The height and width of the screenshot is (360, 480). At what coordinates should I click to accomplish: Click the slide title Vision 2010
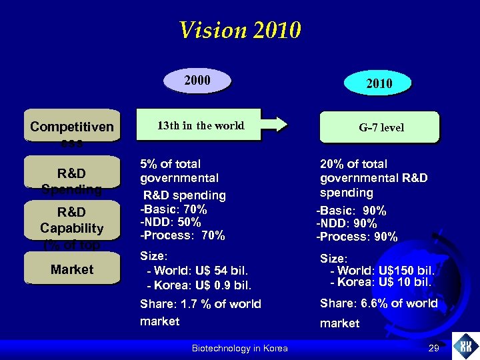coord(240,30)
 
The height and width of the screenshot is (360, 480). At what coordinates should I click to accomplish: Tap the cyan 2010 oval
coord(378,83)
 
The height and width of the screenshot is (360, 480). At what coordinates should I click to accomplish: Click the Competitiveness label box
coord(71,125)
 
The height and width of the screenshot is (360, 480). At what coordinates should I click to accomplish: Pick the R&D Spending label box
coord(71,175)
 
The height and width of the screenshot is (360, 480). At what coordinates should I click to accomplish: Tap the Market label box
coord(71,269)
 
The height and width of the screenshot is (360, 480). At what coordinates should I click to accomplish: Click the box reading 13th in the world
coord(200,125)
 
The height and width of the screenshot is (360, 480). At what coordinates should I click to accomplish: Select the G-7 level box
coord(381,127)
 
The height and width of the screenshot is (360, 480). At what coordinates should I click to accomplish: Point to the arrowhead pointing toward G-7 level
coord(281,124)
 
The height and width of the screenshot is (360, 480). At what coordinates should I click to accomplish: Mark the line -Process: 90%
coord(357,237)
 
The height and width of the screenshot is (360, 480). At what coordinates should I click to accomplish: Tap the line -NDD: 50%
coord(171,222)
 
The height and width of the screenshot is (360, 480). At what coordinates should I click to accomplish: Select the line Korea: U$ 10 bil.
coord(381,282)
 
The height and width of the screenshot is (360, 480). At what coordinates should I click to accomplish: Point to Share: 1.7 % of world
coord(200,304)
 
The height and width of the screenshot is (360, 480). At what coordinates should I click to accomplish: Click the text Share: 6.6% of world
coord(379,303)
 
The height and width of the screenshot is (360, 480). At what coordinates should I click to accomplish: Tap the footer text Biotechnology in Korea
coord(239,348)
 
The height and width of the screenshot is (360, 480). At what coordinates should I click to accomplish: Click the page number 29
coord(434,348)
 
